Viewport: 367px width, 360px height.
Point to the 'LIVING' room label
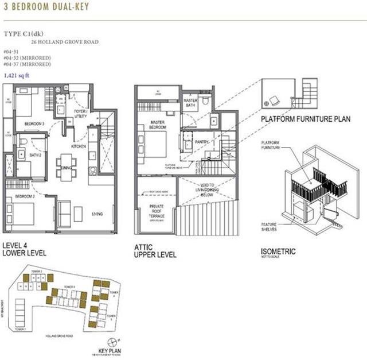pyautogui.click(x=98, y=214)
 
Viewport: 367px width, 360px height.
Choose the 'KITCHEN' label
pyautogui.click(x=78, y=146)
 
